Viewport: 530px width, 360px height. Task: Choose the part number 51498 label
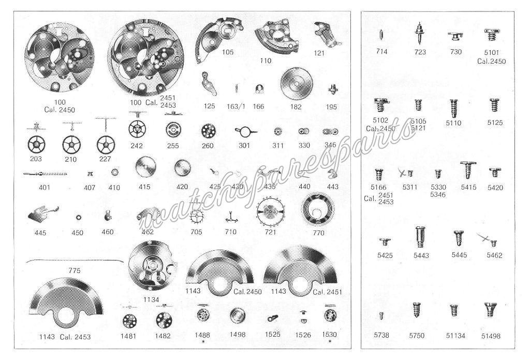pyautogui.click(x=490, y=336)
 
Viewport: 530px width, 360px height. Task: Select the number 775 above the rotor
pyautogui.click(x=75, y=270)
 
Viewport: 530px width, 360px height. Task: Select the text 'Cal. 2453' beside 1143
pyautogui.click(x=75, y=337)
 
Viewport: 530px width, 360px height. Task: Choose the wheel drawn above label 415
pyautogui.click(x=145, y=169)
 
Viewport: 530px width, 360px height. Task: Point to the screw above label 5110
pyautogui.click(x=454, y=107)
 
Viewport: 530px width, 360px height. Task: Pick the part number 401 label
pyautogui.click(x=44, y=187)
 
